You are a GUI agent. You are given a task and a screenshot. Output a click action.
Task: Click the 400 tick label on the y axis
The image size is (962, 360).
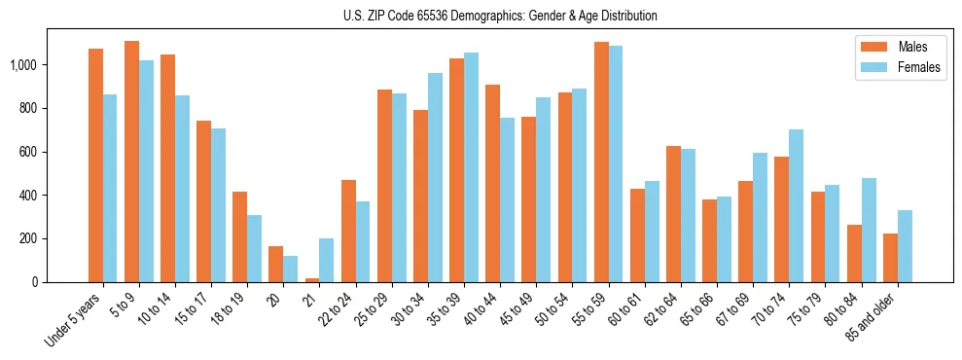[x=29, y=196]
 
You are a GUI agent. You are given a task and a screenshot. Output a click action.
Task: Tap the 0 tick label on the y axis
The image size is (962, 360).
[x=37, y=282]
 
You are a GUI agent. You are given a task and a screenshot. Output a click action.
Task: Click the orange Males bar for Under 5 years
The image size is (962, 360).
[x=95, y=165]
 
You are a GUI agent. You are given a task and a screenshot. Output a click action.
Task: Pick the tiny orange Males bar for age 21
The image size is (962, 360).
[x=312, y=280]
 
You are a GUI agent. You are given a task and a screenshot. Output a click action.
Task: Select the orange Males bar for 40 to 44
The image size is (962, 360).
[x=493, y=184]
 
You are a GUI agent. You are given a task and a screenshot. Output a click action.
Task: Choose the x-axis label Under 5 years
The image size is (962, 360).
[x=74, y=320]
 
